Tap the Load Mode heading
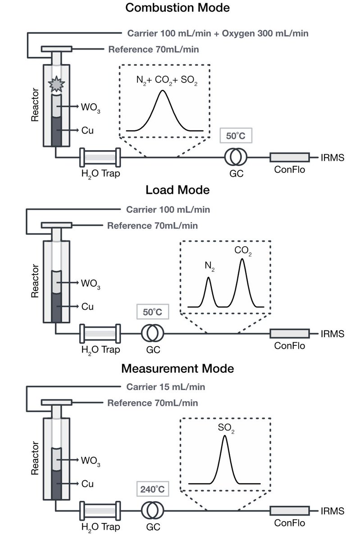coord(177,190)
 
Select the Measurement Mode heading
coord(177,368)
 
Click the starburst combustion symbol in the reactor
coord(57,83)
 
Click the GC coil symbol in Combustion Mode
coord(236,157)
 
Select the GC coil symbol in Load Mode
coord(152,334)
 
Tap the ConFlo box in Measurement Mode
coord(289,511)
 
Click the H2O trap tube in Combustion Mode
coord(99,157)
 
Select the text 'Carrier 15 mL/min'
coord(165,387)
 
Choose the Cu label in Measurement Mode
coord(87,484)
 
